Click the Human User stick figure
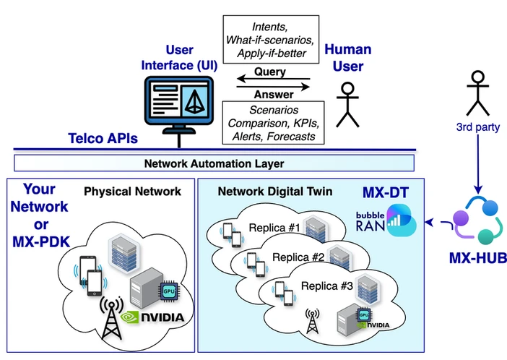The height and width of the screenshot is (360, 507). pos(348,105)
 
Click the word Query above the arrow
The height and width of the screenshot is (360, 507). pos(270,72)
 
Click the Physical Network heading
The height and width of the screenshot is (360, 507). pos(132,192)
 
